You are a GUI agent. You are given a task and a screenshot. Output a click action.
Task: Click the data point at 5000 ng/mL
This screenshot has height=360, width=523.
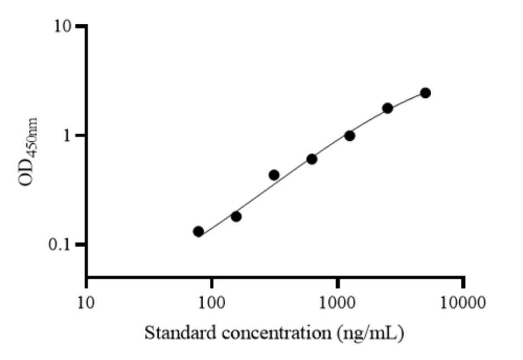(425, 93)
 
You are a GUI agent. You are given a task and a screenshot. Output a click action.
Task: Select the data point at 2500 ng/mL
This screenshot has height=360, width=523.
(387, 108)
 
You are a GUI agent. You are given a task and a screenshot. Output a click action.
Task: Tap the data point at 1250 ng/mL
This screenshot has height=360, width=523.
(350, 135)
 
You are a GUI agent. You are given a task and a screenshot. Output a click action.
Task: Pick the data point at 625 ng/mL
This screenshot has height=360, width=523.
(312, 159)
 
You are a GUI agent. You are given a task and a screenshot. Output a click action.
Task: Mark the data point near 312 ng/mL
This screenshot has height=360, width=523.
(274, 175)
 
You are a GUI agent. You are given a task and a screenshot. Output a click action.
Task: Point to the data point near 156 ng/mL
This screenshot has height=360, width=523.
(236, 216)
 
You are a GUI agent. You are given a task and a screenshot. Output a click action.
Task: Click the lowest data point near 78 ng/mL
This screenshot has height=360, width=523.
(198, 231)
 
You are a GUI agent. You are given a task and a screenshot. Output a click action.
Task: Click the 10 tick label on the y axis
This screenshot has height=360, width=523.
(65, 26)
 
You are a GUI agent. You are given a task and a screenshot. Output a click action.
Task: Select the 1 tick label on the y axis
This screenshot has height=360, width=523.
(70, 135)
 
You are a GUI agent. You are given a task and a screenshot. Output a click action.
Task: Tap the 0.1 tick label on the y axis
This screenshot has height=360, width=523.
(63, 244)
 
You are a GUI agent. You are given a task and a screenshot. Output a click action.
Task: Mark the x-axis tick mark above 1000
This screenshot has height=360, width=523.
(338, 283)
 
